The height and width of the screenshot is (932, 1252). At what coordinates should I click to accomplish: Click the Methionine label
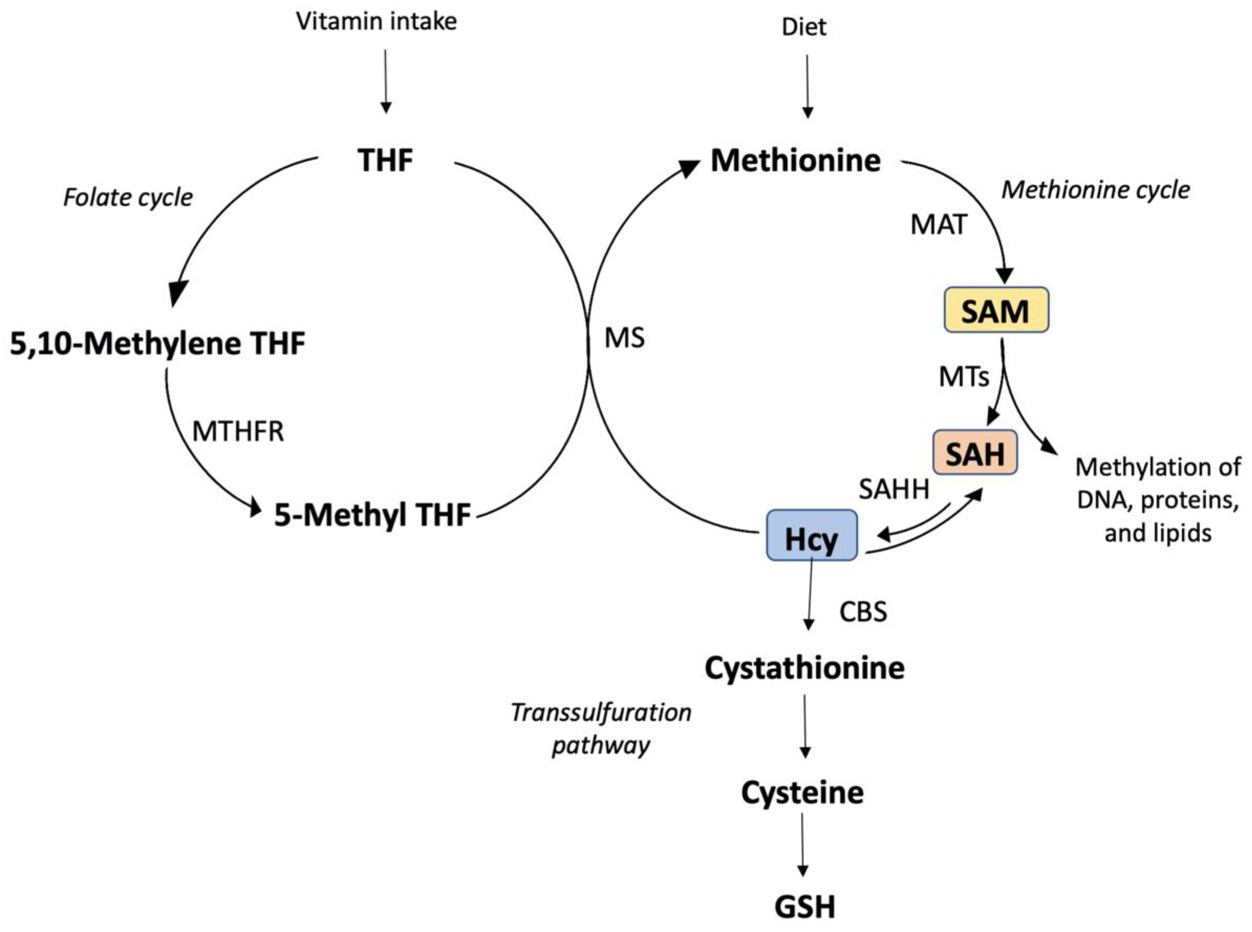pyautogui.click(x=795, y=161)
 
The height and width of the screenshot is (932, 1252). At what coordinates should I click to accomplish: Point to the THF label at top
pyautogui.click(x=385, y=160)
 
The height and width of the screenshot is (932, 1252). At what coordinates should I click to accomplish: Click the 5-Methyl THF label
pyautogui.click(x=372, y=515)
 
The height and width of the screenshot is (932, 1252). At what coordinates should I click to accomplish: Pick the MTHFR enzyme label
pyautogui.click(x=238, y=431)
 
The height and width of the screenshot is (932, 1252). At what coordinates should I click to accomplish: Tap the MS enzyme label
pyautogui.click(x=624, y=339)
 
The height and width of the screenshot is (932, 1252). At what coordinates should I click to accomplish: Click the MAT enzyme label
pyautogui.click(x=939, y=225)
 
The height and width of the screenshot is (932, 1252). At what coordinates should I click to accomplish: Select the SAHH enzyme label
pyautogui.click(x=893, y=489)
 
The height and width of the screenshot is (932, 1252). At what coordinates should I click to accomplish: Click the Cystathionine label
pyautogui.click(x=804, y=668)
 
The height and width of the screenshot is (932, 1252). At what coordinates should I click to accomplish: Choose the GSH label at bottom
pyautogui.click(x=804, y=908)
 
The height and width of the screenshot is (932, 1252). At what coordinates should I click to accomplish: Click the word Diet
pyautogui.click(x=804, y=27)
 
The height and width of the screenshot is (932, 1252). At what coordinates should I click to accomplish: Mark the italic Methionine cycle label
pyautogui.click(x=1095, y=190)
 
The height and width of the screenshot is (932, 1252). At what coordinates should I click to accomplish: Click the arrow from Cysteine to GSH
pyautogui.click(x=803, y=845)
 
